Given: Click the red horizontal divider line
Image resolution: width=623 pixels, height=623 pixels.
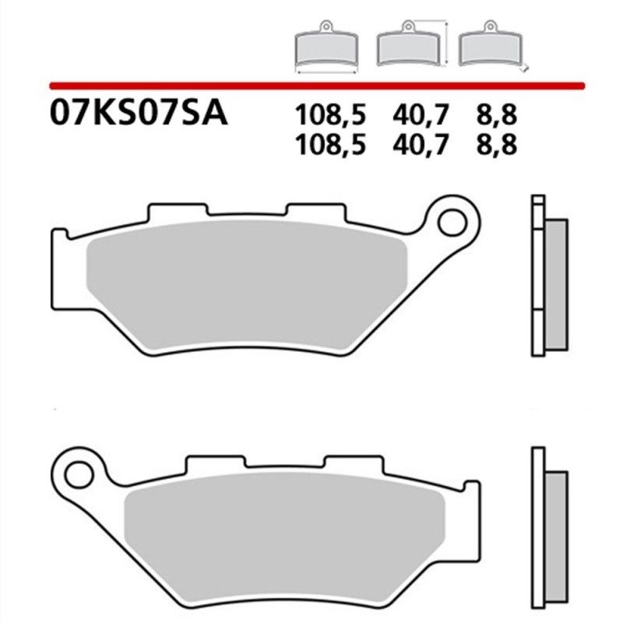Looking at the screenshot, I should click(311, 83).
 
